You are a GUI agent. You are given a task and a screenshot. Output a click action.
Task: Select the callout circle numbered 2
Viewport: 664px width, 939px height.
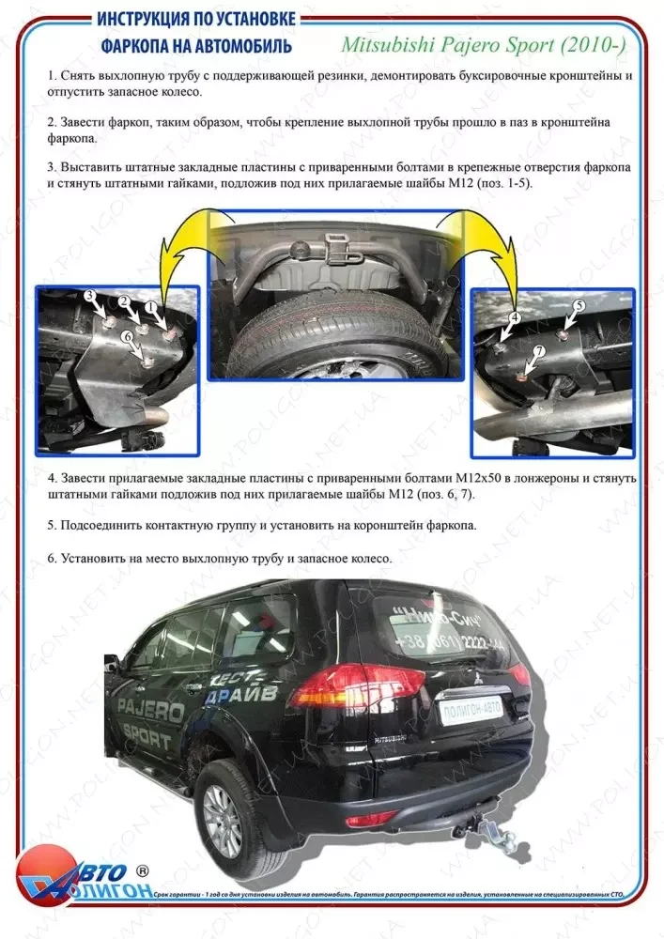coord(123,300)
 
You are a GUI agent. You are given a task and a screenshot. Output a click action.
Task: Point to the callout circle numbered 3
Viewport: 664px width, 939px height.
coord(90,296)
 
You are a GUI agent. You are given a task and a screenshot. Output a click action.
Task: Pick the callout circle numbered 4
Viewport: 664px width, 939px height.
coord(514,318)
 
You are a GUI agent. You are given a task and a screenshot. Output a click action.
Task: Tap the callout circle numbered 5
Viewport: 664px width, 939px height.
coord(579,306)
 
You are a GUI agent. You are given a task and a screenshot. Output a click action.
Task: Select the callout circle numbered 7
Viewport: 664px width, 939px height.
coord(539,351)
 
